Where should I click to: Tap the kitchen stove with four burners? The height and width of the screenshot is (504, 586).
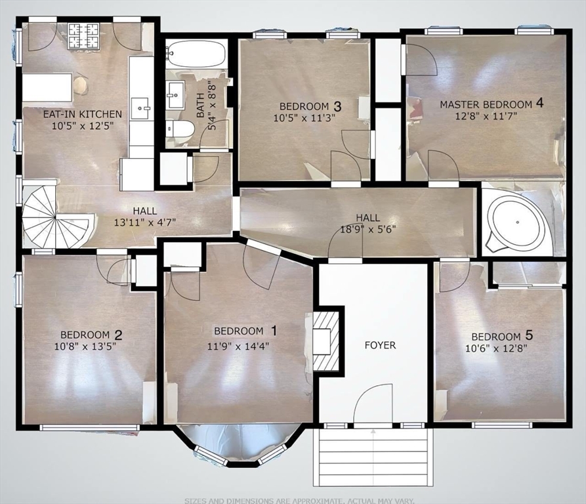click(x=84, y=32)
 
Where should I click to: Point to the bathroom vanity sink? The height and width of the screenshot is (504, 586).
click(x=177, y=95)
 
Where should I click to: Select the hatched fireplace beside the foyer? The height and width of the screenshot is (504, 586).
click(x=326, y=341)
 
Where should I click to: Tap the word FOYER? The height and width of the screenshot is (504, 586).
click(x=380, y=345)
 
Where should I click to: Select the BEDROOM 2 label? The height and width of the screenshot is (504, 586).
click(x=91, y=334)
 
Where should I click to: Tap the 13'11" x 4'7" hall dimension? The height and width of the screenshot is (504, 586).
click(x=145, y=222)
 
